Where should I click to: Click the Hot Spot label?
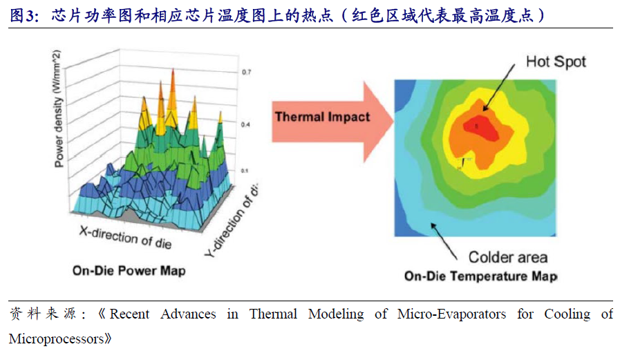pos(556,61)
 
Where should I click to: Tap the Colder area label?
pos(508,257)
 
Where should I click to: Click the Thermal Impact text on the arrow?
pos(323,117)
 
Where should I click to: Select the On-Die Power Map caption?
pos(129,271)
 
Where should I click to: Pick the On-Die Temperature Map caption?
pos(480,276)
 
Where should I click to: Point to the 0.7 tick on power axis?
pos(245,72)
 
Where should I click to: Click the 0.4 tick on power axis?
pos(245,124)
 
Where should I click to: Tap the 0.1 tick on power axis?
pos(245,169)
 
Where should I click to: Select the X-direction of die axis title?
pos(123,236)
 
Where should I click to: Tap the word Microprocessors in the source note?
pos(59,339)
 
